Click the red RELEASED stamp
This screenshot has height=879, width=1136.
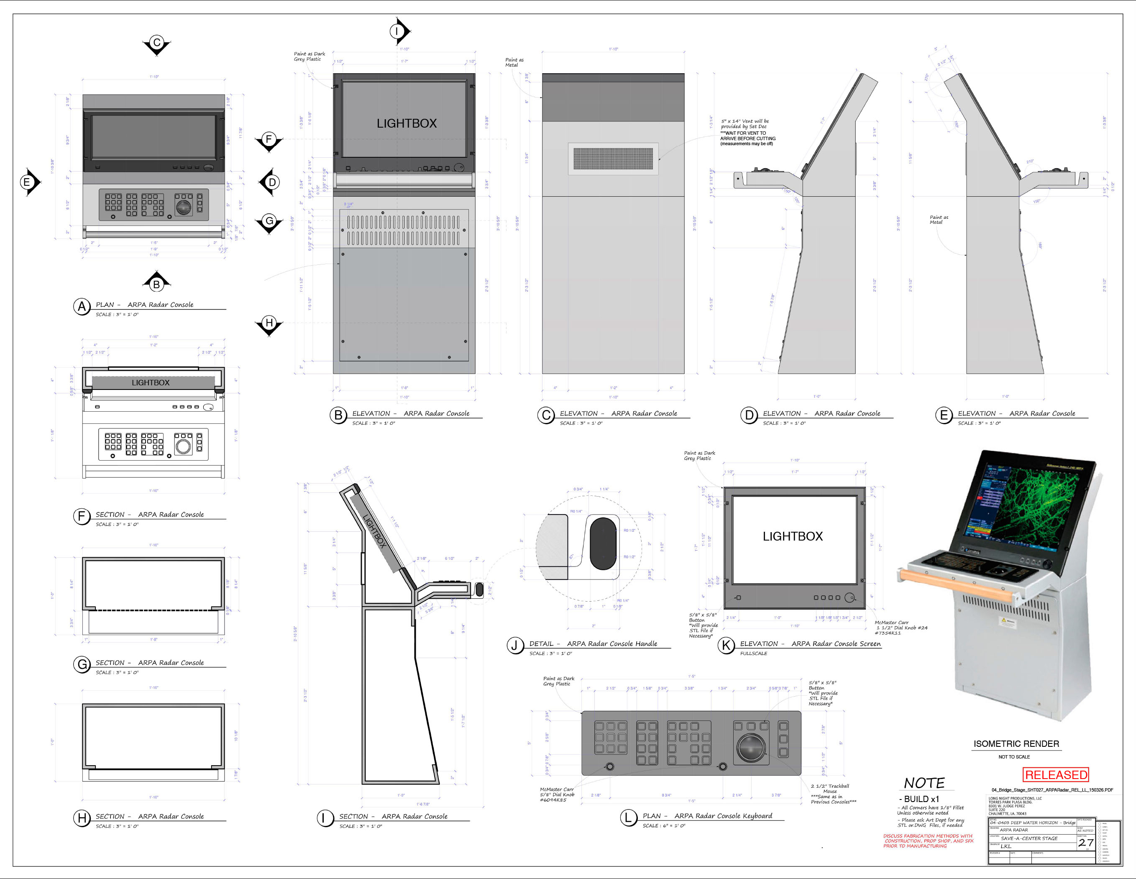click(1055, 775)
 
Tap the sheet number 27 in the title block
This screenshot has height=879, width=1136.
click(1085, 843)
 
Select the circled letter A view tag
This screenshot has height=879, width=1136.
click(82, 307)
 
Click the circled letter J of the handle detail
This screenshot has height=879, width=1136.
click(515, 645)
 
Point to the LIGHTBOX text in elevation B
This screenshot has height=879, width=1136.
click(406, 123)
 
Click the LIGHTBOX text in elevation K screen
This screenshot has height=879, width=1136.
click(792, 536)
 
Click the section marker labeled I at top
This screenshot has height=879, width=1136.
click(397, 31)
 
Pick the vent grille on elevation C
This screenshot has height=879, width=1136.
click(613, 158)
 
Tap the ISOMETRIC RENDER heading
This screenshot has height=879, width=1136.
click(1016, 744)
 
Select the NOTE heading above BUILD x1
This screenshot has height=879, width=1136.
click(924, 783)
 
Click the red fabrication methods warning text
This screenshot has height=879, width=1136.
click(928, 841)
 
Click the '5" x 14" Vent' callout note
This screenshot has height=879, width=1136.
click(747, 132)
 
